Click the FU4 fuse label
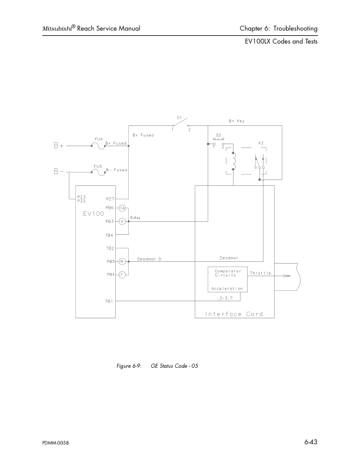pos(99,138)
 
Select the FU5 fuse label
pos(99,166)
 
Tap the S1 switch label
pos(179,117)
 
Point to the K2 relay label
pos(260,142)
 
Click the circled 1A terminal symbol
pos(122,208)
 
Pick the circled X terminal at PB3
pos(122,221)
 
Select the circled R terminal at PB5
pos(122,261)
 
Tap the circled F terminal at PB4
pos(122,274)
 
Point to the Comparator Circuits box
pos(226,274)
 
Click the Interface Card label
pos(234,314)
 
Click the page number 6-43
pos(311,441)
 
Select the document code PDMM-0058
pos(55,442)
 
